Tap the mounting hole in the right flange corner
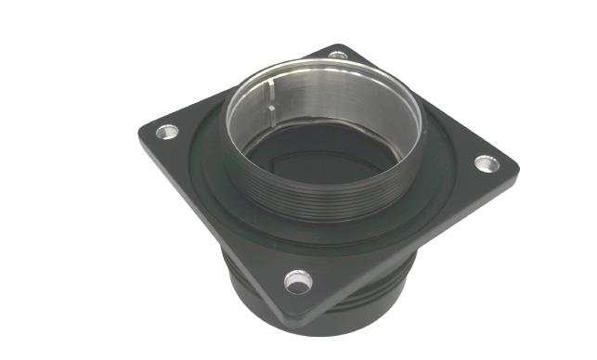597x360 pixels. pos(486,164)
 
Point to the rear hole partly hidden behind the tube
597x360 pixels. pos(338,56)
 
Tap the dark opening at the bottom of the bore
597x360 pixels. pos(306,158)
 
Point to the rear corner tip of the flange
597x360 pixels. pos(339,45)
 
